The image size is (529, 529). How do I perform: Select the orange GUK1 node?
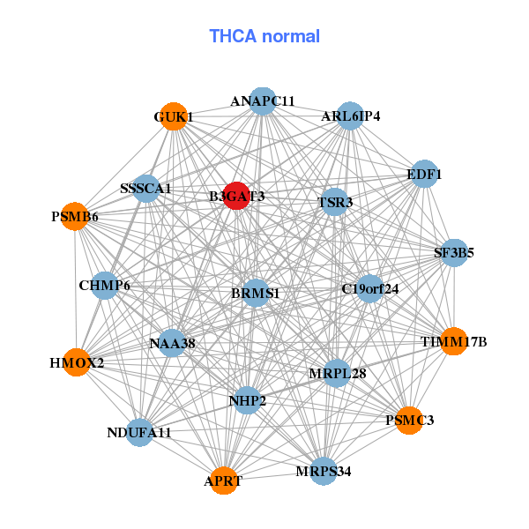[x=175, y=117]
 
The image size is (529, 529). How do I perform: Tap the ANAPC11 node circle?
[x=262, y=101]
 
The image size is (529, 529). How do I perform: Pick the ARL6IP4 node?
[x=350, y=116]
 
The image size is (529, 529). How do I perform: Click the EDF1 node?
[x=424, y=175]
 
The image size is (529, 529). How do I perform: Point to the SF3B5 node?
[x=454, y=253]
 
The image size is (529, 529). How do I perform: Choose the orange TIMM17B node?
[x=453, y=341]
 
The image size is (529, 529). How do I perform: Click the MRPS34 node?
[x=324, y=471]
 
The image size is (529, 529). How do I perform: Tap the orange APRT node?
[x=224, y=481]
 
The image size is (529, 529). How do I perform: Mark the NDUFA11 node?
[x=139, y=432]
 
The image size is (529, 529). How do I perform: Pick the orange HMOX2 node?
[x=78, y=361]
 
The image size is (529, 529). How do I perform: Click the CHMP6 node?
[x=104, y=285]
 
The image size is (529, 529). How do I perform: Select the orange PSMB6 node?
[x=76, y=216]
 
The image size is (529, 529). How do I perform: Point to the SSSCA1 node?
[x=146, y=189]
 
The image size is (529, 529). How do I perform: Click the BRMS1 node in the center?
[x=255, y=293]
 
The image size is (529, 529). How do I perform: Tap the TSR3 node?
[x=334, y=203]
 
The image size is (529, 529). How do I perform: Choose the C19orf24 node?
[x=369, y=288]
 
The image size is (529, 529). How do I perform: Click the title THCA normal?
[x=264, y=36]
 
